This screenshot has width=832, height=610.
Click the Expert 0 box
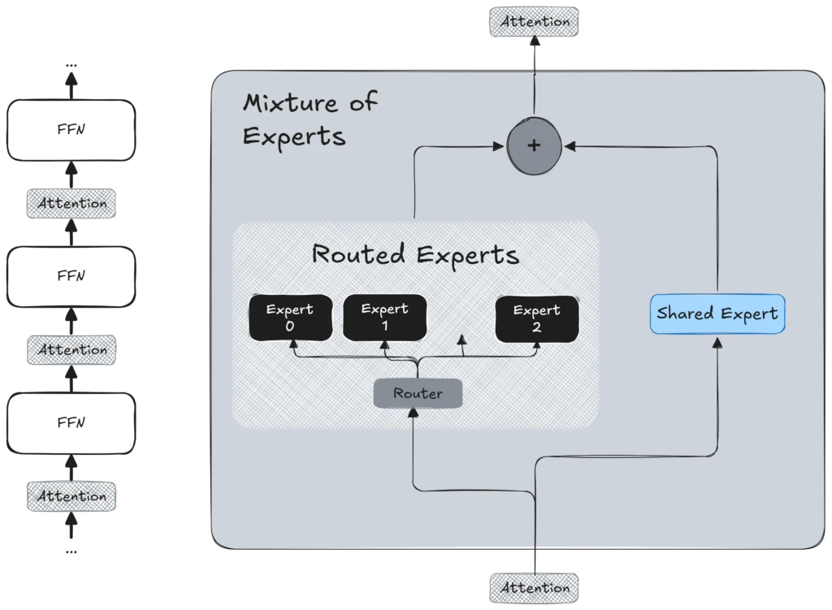pos(290,318)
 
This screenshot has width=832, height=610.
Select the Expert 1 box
pos(385,318)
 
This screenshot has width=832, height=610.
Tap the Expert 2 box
pos(537,318)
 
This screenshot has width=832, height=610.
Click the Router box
pos(418,394)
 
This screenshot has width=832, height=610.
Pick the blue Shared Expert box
pos(717,314)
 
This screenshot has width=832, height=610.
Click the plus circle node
pos(534,146)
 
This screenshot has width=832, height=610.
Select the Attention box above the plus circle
pos(535,22)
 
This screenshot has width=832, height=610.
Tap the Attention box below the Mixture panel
pos(535,587)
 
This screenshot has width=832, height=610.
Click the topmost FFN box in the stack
pos(71,130)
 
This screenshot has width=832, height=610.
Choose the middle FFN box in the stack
pos(71,276)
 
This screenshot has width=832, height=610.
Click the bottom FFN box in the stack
pos(71,422)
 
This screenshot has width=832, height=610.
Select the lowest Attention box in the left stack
pos(71,495)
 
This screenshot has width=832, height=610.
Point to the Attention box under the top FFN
pos(71,203)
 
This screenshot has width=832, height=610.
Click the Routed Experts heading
pos(415,254)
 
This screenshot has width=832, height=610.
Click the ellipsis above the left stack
pos(71,63)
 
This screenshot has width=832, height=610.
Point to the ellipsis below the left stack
pos(71,552)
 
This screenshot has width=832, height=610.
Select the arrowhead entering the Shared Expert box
pos(717,343)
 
